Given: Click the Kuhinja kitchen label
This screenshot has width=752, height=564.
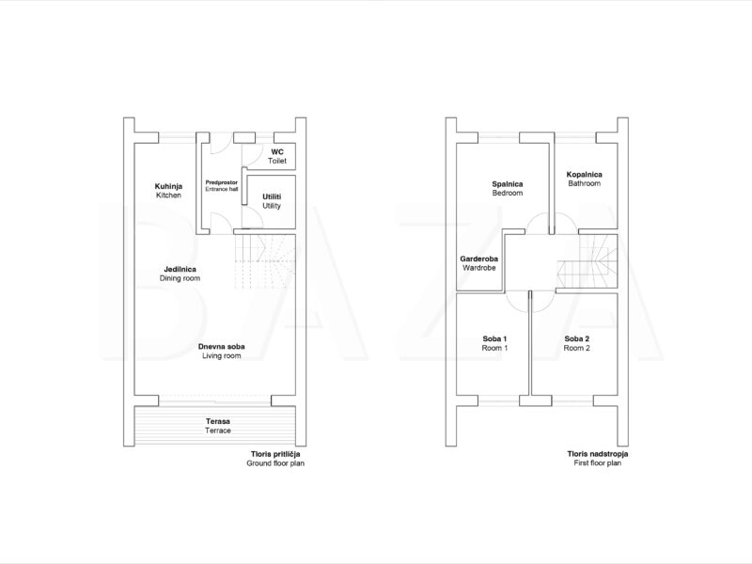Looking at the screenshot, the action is point(168,191).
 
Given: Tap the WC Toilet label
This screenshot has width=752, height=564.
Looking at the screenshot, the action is point(277,156).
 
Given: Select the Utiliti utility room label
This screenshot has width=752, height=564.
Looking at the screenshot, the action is point(272,201).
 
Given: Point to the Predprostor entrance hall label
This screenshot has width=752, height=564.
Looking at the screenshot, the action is point(222,185).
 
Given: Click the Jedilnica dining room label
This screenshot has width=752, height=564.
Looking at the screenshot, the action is point(180,274).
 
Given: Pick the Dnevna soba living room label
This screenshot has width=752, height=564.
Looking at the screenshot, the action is point(222,351).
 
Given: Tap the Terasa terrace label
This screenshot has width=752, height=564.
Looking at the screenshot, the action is point(218,426).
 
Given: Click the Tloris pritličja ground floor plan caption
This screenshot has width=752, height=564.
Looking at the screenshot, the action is point(275,459).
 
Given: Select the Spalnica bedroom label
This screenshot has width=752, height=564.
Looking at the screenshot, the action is point(508,189).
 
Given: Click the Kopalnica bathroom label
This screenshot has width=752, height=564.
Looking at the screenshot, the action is point(584,179).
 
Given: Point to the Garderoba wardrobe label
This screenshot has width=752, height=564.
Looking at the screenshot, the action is point(479,263).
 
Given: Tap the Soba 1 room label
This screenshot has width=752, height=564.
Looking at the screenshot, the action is point(494,343).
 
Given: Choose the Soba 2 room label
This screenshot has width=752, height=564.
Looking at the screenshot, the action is point(577,343).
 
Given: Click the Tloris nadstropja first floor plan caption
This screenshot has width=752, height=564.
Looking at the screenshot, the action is point(598,459).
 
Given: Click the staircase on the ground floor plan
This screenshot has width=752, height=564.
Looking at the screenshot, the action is point(265,262).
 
